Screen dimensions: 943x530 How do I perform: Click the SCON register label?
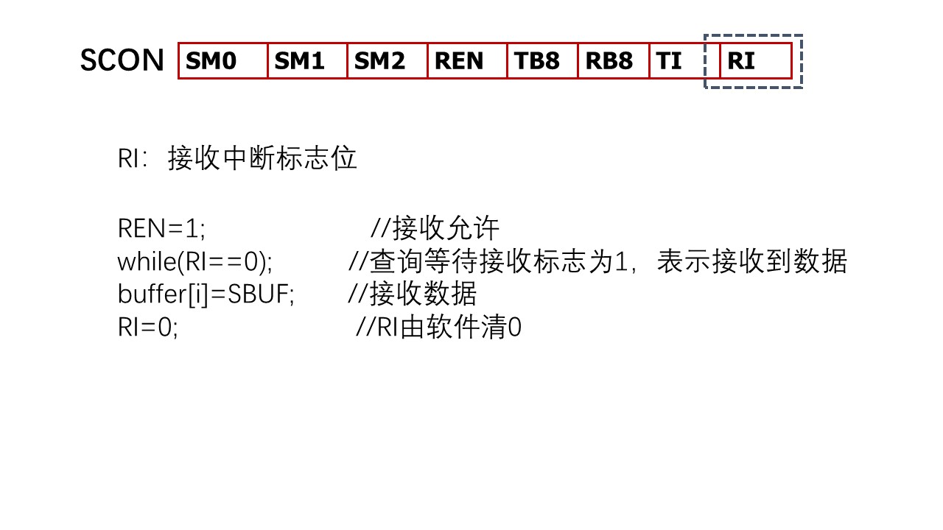click(122, 60)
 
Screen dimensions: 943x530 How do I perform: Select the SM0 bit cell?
click(222, 61)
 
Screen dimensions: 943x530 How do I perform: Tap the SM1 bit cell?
click(307, 61)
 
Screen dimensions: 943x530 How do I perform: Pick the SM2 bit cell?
click(388, 61)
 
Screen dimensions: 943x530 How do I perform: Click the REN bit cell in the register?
click(467, 61)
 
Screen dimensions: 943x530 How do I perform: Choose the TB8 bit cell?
click(542, 61)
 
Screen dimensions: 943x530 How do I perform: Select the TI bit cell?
click(676, 61)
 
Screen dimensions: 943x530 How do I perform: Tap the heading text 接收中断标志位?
click(262, 158)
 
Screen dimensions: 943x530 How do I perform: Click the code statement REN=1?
click(161, 229)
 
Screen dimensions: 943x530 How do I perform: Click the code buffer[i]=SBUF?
click(206, 294)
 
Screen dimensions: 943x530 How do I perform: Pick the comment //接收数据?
click(413, 294)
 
